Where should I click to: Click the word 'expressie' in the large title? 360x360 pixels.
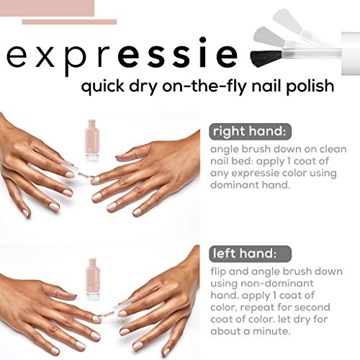point(122,55)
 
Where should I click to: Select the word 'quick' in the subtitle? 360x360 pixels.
point(104,88)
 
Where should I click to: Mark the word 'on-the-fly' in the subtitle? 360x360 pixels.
point(216,88)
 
